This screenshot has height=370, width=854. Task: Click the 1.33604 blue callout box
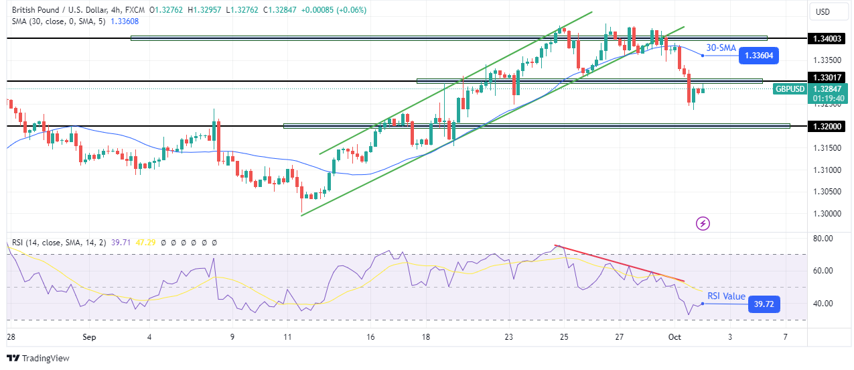(x=759, y=56)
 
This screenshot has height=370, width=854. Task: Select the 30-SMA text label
(x=721, y=48)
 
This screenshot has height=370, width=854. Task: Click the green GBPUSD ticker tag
(x=790, y=88)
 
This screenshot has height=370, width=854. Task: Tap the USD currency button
(x=822, y=11)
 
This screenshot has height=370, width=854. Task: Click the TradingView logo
(x=38, y=358)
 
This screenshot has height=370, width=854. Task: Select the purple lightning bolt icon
(x=703, y=223)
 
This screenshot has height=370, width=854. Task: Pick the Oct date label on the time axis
(x=674, y=336)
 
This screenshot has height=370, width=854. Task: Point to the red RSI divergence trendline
(x=620, y=263)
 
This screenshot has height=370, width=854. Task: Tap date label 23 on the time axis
(x=508, y=336)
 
